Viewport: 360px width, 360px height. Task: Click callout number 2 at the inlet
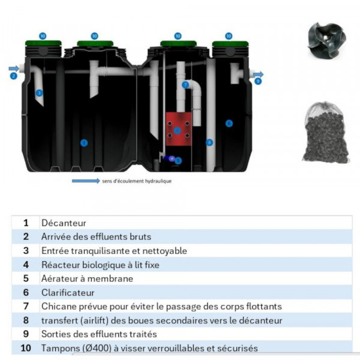(x=14, y=76)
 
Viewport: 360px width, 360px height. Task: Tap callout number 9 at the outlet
(x=257, y=81)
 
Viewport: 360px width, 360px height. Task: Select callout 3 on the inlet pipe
(x=39, y=93)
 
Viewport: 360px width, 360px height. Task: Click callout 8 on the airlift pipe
(x=209, y=142)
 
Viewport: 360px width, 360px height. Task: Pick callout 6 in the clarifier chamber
(x=228, y=123)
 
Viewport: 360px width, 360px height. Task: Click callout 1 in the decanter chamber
(x=84, y=142)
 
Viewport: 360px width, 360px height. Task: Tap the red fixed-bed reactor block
(x=177, y=130)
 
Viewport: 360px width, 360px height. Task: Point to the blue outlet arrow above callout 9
(x=258, y=73)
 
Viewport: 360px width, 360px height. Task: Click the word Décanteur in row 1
(x=64, y=223)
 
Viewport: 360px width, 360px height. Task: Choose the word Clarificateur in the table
(x=68, y=292)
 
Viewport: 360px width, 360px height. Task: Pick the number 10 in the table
(x=26, y=348)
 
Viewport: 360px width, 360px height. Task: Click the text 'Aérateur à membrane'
(x=87, y=278)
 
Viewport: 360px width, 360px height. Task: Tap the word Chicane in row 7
(x=58, y=307)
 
